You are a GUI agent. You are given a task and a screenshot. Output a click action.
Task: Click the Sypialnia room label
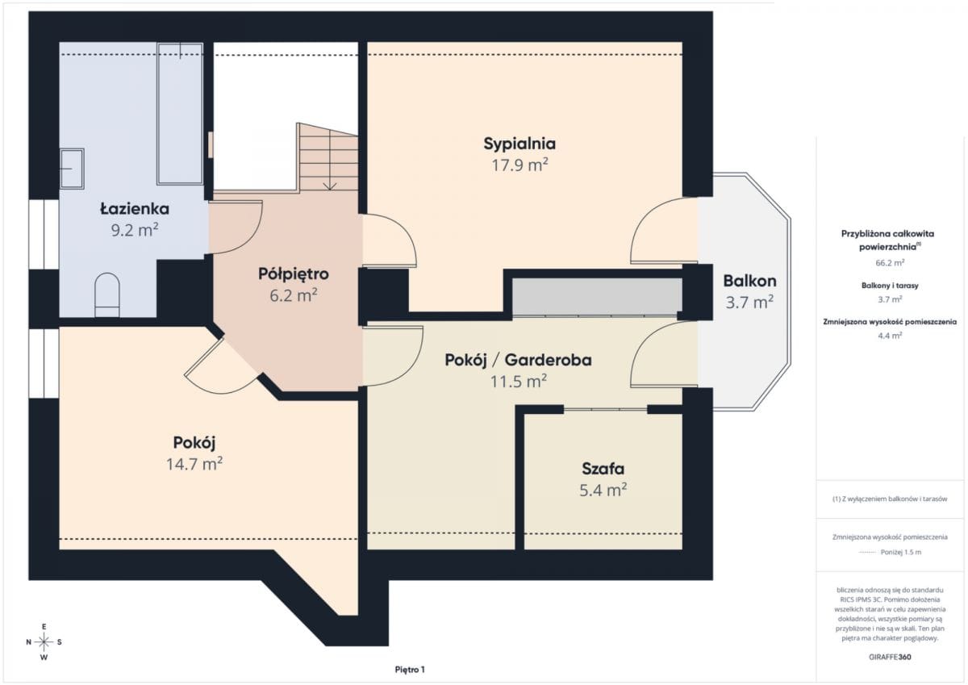click(519, 144)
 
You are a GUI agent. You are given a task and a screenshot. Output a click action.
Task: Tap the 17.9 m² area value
click(519, 165)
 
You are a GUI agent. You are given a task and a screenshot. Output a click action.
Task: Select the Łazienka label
click(135, 209)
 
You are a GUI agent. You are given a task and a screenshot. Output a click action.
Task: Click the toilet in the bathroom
click(107, 294)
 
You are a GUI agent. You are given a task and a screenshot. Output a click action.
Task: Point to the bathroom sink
click(72, 169)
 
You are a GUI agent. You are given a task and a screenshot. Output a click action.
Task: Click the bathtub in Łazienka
click(180, 114)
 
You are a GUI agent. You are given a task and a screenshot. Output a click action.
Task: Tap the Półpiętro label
click(294, 274)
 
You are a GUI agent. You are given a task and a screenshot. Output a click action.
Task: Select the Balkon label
click(749, 281)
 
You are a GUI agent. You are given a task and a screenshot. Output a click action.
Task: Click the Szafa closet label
click(603, 469)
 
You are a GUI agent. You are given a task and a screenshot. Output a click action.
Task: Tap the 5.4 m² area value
click(603, 490)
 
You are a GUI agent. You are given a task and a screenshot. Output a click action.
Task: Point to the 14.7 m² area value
click(194, 464)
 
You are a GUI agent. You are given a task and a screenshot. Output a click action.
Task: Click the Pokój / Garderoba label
click(518, 360)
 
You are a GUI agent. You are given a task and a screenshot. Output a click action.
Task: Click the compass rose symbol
click(44, 642)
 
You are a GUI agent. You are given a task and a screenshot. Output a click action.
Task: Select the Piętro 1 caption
click(410, 670)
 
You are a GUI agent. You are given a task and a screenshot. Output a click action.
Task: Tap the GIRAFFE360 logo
click(890, 657)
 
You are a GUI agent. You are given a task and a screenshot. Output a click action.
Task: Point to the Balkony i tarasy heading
click(890, 286)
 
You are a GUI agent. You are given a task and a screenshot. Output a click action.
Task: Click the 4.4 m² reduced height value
click(890, 336)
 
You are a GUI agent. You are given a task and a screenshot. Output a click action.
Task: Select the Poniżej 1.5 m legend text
click(901, 552)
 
